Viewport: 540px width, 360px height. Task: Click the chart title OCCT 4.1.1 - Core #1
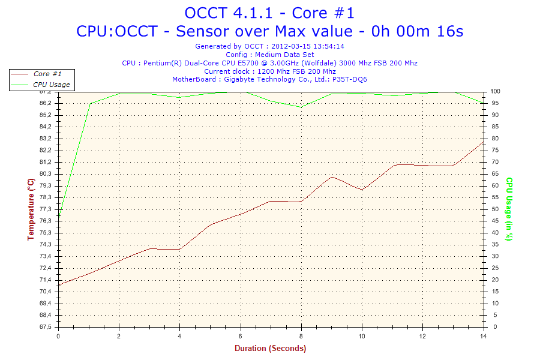269,13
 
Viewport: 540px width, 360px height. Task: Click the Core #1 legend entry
47,74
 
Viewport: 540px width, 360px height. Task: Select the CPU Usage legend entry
51,85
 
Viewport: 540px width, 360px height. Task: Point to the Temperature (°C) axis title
31,209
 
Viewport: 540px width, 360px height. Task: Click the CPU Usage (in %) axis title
509,209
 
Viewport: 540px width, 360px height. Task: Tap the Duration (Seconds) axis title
270,349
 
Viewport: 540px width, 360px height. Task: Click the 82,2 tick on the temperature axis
46,150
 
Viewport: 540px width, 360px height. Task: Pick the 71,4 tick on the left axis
46,280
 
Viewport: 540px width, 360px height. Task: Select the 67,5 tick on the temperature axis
46,327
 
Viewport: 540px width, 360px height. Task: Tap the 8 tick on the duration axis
301,336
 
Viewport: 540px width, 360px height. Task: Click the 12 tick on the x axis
422,336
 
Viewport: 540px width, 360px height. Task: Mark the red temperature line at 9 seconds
331,177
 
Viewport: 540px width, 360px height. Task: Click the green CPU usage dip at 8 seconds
301,107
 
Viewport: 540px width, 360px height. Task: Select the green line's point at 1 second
89,104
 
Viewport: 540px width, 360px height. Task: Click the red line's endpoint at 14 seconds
482,142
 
